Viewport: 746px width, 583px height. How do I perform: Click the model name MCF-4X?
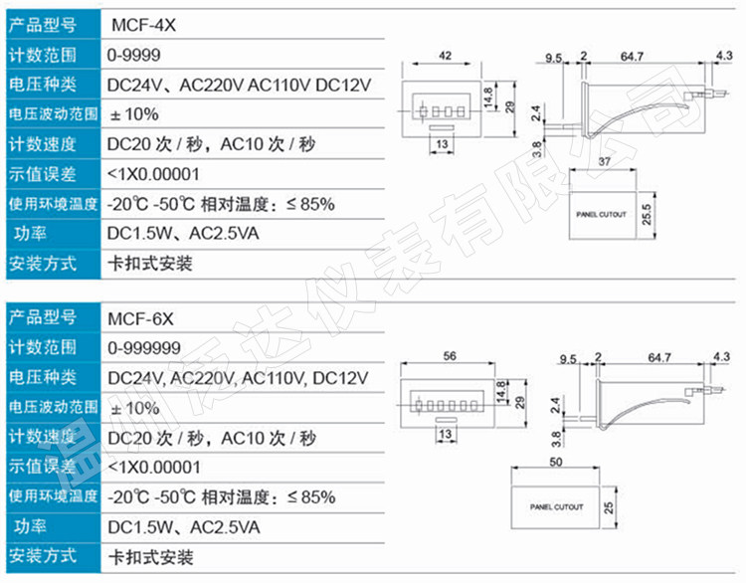click(x=143, y=25)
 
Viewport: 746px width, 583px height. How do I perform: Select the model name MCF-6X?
click(x=141, y=318)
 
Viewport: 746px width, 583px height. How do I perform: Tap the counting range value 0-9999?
click(x=134, y=55)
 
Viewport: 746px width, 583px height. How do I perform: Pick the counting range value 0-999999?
click(x=144, y=348)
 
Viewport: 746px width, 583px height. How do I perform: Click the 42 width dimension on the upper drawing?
click(x=445, y=56)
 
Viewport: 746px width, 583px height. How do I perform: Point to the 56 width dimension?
click(x=450, y=356)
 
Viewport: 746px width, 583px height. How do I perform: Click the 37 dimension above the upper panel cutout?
click(x=604, y=162)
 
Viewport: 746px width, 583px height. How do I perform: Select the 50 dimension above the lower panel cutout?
click(x=556, y=462)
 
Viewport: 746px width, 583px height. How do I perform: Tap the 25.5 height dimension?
click(x=647, y=215)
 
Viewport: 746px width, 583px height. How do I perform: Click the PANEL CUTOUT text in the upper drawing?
click(x=602, y=215)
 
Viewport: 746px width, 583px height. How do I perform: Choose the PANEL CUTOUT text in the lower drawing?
click(x=557, y=507)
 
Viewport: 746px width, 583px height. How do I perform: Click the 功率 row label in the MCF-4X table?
click(x=30, y=234)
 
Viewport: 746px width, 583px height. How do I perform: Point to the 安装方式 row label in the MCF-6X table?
click(x=43, y=555)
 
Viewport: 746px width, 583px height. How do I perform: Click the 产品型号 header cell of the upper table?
click(x=43, y=25)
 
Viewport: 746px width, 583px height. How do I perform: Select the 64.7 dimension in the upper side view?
click(x=632, y=57)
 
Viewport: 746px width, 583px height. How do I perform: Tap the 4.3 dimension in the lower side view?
click(x=722, y=356)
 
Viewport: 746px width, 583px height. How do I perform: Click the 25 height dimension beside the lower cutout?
click(x=609, y=507)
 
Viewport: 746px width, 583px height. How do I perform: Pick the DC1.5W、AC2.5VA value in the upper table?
click(x=183, y=233)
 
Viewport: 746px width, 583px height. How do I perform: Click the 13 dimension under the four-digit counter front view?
click(x=442, y=143)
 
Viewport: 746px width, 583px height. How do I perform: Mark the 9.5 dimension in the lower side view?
click(x=568, y=359)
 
